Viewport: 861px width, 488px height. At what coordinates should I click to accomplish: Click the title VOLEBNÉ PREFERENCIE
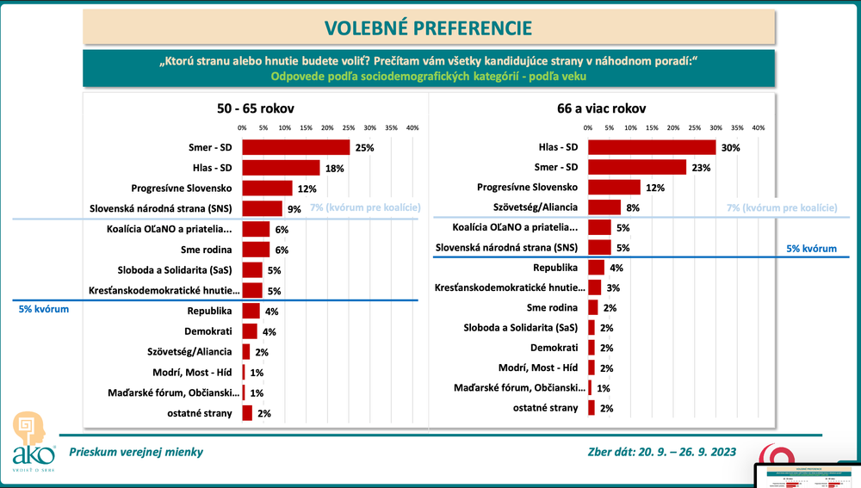click(x=428, y=28)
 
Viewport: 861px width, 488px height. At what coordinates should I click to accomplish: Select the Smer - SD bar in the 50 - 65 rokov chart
click(x=295, y=147)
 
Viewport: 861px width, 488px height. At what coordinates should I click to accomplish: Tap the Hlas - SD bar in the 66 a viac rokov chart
click(x=652, y=147)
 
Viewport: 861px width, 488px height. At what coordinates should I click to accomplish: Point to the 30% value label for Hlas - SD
click(x=732, y=148)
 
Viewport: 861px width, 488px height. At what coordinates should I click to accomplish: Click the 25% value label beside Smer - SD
click(x=364, y=148)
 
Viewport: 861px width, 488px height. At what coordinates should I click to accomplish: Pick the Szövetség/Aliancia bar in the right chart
click(x=604, y=207)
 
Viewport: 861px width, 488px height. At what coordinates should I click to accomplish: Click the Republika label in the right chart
click(x=555, y=268)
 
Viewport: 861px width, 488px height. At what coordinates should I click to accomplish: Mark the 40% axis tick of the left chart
click(x=412, y=127)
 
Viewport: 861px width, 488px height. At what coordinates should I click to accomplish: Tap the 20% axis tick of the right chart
click(x=673, y=127)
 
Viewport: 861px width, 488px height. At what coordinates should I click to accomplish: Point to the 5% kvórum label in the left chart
click(x=44, y=308)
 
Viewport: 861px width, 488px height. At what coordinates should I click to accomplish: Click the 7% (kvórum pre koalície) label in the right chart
click(x=782, y=207)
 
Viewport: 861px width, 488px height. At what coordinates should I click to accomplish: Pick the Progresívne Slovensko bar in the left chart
click(x=267, y=188)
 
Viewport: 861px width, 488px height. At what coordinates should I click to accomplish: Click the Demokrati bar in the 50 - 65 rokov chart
click(x=250, y=330)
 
